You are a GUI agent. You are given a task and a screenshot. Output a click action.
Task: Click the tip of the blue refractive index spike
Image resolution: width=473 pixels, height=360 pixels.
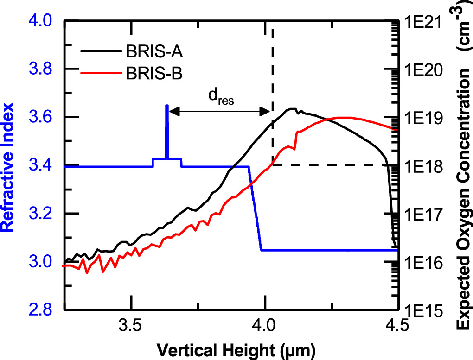pos(167,106)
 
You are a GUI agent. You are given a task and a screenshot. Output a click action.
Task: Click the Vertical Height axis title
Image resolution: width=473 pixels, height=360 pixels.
pos(230,349)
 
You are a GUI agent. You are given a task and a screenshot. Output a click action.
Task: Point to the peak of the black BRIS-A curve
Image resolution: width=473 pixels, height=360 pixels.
pos(291,109)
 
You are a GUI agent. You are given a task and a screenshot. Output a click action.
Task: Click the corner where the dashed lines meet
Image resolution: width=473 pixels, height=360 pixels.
pos(272,165)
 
